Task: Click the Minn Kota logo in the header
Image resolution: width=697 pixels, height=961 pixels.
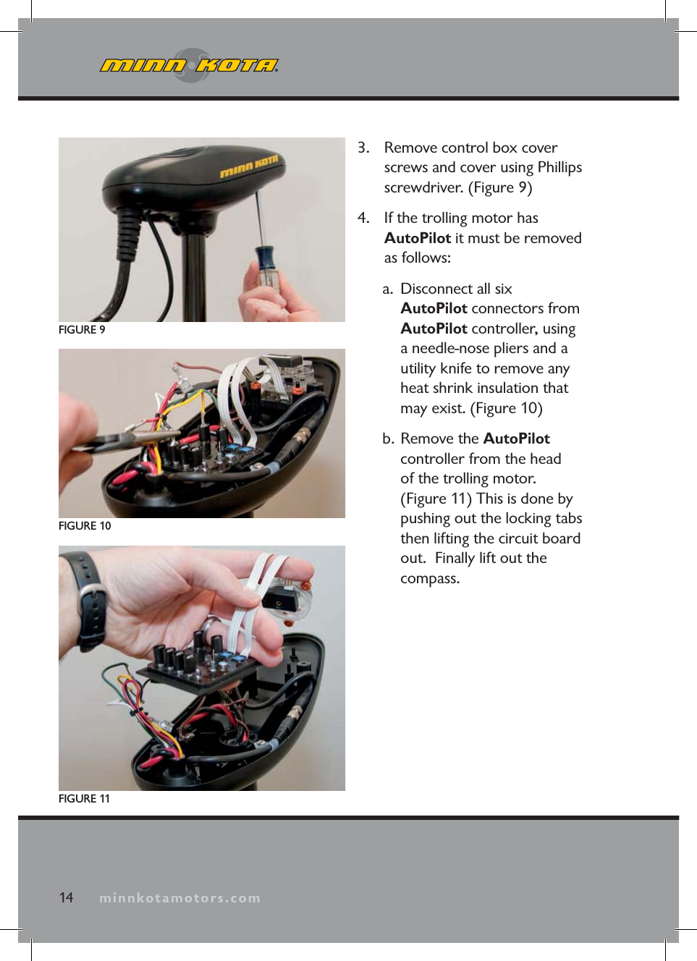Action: pos(189,66)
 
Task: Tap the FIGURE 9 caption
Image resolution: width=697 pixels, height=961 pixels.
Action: pos(82,329)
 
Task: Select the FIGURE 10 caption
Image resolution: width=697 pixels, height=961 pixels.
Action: pos(85,525)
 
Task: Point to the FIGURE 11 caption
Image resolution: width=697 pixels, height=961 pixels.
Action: pos(84,798)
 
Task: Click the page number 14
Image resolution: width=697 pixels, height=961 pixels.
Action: pos(66,897)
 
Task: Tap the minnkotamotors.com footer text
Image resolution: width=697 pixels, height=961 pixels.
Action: pos(179,898)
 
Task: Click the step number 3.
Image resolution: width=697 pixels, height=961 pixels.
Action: pos(363,148)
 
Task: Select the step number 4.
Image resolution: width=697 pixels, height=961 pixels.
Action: pos(363,218)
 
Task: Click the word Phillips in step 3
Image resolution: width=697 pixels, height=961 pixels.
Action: pos(559,167)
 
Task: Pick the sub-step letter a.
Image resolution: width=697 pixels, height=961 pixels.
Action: pos(387,289)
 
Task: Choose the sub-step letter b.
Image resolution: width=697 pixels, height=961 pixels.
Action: pos(388,439)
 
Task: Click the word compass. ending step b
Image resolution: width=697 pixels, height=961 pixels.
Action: pos(430,578)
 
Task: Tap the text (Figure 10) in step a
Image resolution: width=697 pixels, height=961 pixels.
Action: pos(506,408)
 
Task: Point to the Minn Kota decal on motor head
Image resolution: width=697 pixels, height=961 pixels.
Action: pos(248,167)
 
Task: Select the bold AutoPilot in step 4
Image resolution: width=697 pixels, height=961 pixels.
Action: pos(418,238)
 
